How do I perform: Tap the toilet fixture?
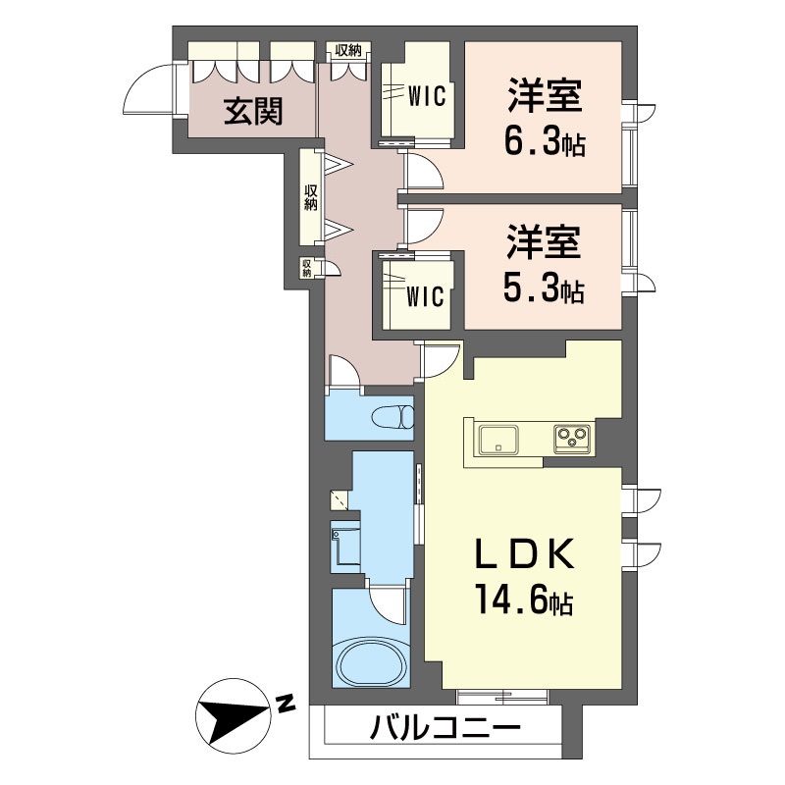coord(393,416)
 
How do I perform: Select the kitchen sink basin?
coord(501,438)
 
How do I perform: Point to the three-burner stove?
coord(572,438)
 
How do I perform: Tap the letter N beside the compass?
coord(286,704)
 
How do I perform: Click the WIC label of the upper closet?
coord(428,96)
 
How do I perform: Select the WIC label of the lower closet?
coord(428,295)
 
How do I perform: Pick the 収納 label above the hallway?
coord(348,50)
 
